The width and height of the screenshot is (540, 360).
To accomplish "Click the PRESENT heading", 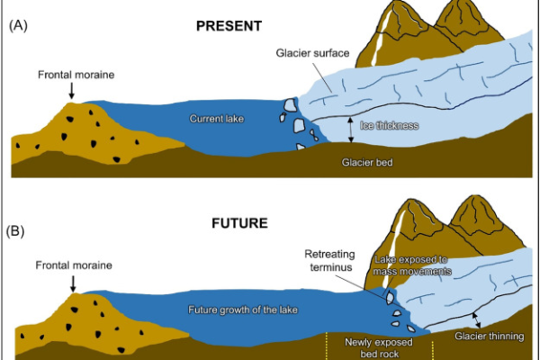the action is [229, 26].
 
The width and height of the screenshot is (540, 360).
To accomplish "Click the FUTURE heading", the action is [239, 223].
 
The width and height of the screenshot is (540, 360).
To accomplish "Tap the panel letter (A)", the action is [18, 25].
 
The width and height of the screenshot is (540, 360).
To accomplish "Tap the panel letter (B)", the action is [15, 230].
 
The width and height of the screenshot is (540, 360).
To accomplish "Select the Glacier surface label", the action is [312, 53].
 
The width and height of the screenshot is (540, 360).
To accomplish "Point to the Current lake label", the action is [217, 119].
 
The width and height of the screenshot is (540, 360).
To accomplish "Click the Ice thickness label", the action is [390, 125].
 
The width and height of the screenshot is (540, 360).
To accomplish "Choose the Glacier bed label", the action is [367, 162].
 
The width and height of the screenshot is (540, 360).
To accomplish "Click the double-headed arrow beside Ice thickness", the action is [351, 130].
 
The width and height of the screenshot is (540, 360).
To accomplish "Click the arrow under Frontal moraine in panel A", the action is [72, 91].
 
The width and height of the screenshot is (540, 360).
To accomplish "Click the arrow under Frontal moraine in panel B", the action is [73, 283].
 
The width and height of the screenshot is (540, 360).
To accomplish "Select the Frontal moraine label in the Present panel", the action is [76, 75].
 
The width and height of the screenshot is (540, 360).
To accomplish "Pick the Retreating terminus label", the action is [329, 261].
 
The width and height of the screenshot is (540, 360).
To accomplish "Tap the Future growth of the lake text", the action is [243, 310].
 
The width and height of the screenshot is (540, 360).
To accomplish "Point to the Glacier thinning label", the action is [490, 337].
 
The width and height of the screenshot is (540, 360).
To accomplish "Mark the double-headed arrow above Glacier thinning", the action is [477, 320].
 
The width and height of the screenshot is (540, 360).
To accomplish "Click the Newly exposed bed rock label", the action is [379, 348].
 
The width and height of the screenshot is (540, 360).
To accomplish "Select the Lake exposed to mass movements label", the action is [412, 265].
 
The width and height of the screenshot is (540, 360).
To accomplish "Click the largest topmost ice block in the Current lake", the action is [290, 105].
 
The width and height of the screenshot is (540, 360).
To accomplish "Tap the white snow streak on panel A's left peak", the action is [380, 37].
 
